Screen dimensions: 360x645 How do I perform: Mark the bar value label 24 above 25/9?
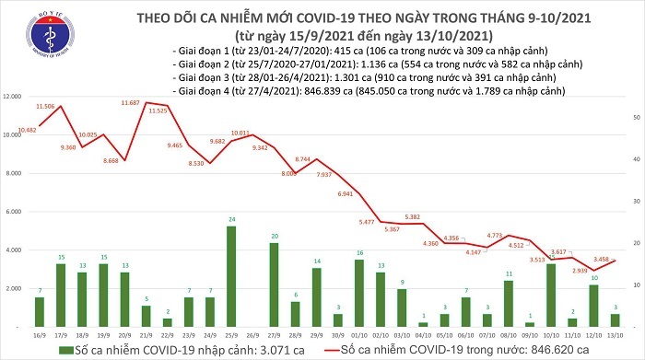[x=230, y=220]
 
